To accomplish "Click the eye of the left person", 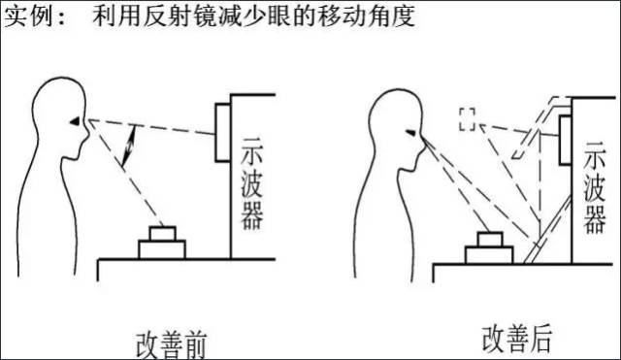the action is coord(75,121).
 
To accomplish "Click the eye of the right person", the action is coord(411,133).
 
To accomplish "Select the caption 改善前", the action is coord(171,344).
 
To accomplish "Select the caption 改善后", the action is coord(517,339).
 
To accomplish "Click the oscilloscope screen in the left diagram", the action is coord(223,133).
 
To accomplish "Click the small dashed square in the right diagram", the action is coord(468,119).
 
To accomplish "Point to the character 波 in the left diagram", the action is coord(252,185).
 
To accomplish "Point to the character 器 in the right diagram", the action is coord(595,219).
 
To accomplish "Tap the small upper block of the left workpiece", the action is coord(163,234).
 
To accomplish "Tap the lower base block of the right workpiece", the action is coord(489,255).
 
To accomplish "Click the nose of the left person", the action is coord(85,131).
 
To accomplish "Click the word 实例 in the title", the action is coord(28,16).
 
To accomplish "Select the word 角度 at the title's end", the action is coord(391,16).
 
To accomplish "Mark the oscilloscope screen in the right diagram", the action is coord(565,140).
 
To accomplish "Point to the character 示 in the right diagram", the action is coord(595,155).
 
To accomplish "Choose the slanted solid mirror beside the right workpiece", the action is coord(548,230).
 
